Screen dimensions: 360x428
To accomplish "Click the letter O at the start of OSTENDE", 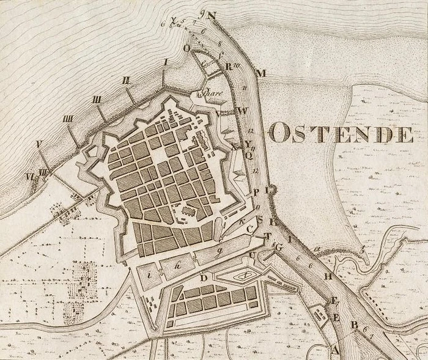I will tap(279, 133).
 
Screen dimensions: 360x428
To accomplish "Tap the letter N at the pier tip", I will tap(212, 16).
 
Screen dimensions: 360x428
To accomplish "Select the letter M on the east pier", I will tap(261, 74).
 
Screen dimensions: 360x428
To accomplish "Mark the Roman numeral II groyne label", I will tap(127, 79).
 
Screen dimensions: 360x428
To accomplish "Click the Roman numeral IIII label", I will tap(68, 119).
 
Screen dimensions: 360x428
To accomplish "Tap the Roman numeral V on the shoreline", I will tap(39, 145).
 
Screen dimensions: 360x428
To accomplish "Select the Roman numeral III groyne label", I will tap(97, 99).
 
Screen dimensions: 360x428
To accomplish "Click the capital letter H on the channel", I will tap(328, 276).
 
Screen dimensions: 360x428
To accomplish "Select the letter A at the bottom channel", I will tap(334, 349).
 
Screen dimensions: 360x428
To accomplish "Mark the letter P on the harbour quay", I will tap(257, 191).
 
